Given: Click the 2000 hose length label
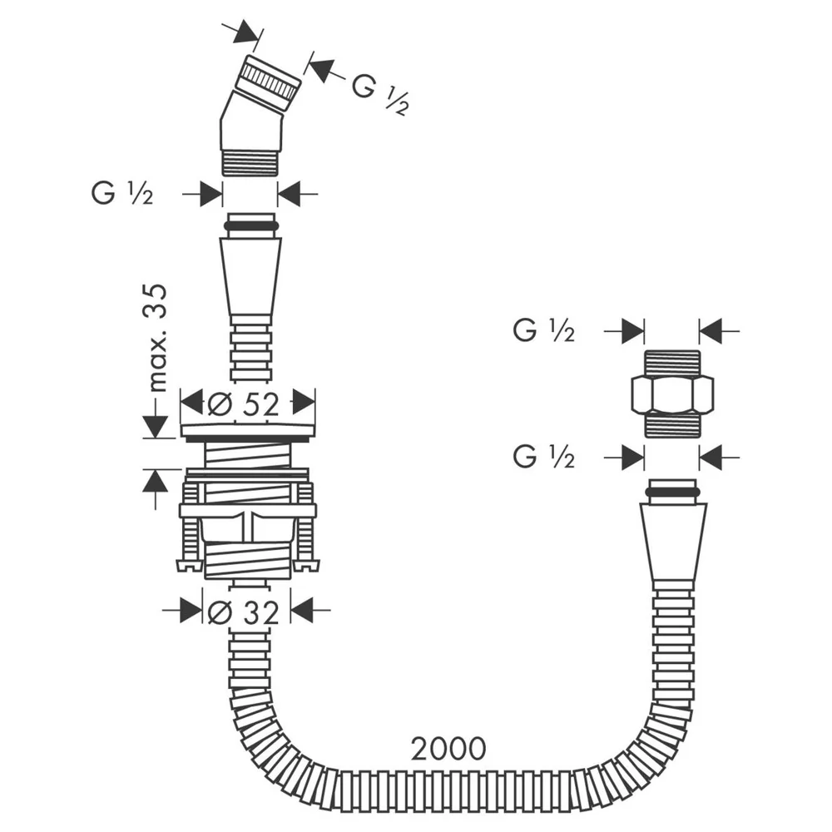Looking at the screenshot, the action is coord(448,749).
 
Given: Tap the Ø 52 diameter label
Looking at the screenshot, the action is coord(243,405).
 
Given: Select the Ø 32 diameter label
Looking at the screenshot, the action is coord(243,613).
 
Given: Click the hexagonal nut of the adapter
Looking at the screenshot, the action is coord(672,394).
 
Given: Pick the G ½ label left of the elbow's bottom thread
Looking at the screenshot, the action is coord(122,194).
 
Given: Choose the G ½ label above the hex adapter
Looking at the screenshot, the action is coord(544,330).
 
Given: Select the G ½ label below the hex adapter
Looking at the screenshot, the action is coord(544,457).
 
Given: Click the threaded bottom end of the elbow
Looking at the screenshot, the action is coord(250,162).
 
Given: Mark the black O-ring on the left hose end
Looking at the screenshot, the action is coord(250,226).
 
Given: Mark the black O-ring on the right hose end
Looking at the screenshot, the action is coord(672,493).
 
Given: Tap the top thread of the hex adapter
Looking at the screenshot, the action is coord(672,363).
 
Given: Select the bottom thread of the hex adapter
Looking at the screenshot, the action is coord(672,425).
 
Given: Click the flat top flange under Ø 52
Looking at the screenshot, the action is coord(248,430).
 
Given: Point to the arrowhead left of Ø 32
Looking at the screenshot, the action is coord(191,610).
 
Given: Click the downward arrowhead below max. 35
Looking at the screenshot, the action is coord(156,427).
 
